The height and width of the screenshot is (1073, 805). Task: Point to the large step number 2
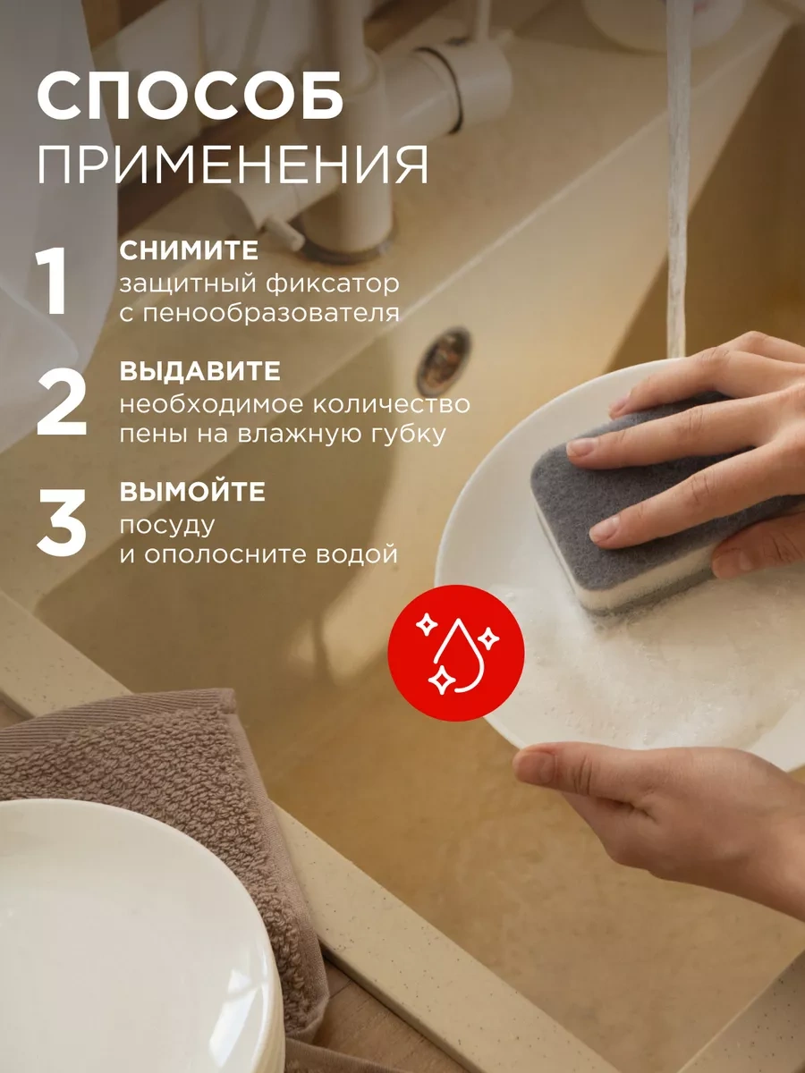pos(61,404)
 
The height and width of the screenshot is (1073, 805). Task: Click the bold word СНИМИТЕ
pos(189,251)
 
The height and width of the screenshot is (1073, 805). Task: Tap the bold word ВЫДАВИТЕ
pos(200,372)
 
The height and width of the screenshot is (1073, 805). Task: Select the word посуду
pos(168,524)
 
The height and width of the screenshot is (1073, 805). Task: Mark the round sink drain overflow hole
pos(444,360)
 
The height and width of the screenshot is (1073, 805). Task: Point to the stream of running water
pos(678,179)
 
